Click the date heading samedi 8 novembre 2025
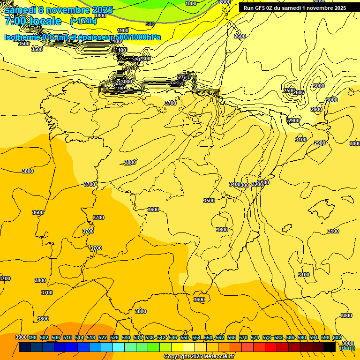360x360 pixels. (59, 10)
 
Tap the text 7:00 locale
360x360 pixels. (33, 21)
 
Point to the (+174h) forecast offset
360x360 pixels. (83, 21)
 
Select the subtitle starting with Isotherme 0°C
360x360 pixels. (82, 37)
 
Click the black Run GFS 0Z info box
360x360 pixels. (294, 7)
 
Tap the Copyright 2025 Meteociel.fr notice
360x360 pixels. (199, 357)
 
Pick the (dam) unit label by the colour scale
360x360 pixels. (347, 348)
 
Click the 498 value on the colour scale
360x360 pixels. (32, 337)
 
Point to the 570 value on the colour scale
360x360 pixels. (243, 337)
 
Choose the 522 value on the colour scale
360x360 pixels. (103, 337)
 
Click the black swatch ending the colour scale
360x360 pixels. (330, 347)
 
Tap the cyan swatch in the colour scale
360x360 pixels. (119, 347)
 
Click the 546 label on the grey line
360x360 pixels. (150, 24)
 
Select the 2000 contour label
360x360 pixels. (225, 2)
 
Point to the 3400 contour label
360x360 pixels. (234, 184)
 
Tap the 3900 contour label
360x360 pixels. (21, 337)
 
